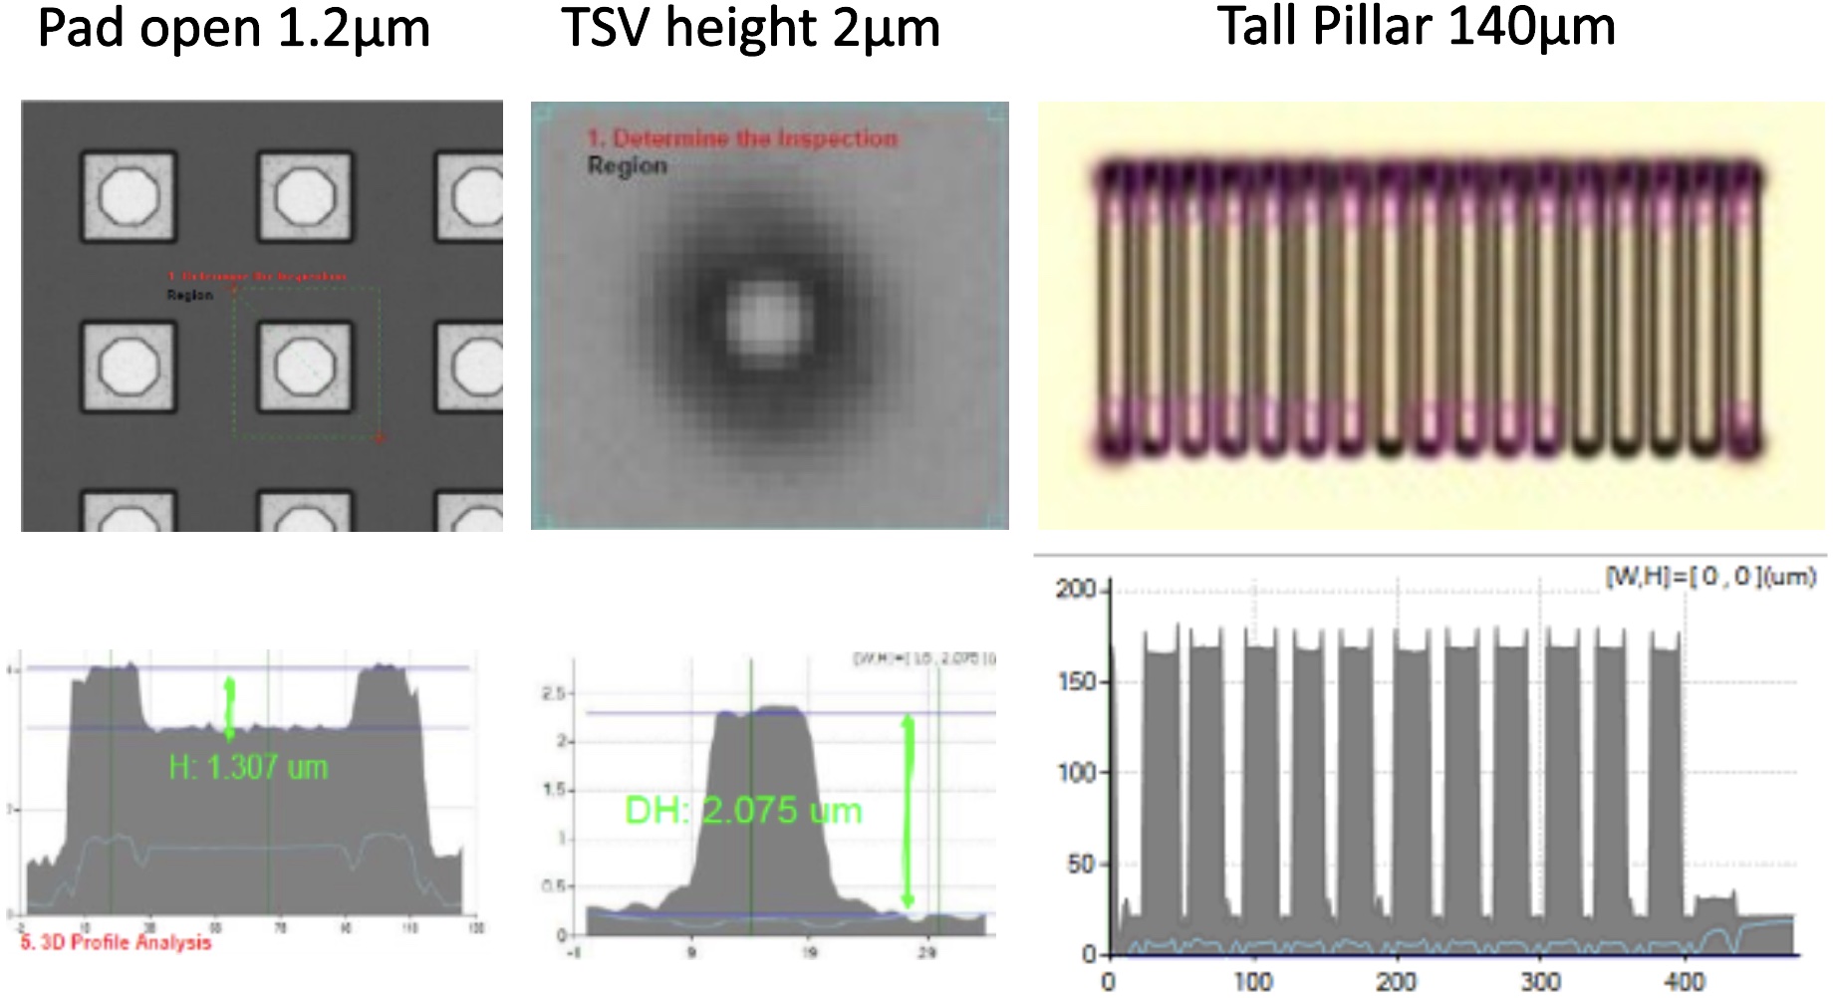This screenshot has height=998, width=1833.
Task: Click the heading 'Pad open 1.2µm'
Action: (233, 29)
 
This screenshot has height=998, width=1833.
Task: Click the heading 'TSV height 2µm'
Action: (750, 29)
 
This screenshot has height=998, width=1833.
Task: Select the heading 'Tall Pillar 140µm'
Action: (1416, 27)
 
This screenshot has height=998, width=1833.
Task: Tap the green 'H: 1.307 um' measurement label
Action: (248, 767)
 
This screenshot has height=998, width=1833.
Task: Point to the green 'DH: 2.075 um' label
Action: (743, 811)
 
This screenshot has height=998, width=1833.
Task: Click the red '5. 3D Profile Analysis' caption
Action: (117, 942)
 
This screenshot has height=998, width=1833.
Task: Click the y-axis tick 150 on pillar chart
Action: (1076, 682)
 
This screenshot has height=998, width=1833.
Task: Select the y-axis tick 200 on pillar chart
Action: (1076, 590)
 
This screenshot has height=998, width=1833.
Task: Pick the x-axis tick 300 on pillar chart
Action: (1540, 982)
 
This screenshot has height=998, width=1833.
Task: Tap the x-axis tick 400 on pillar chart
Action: (1685, 982)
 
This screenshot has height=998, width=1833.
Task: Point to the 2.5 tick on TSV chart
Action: (554, 693)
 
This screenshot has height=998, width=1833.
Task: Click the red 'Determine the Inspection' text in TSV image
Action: (742, 138)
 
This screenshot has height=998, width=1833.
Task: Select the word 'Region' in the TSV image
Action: (627, 165)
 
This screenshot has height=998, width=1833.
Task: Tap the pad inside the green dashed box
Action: (305, 366)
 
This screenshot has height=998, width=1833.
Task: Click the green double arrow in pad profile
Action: (230, 708)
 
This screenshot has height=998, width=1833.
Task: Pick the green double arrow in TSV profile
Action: (907, 812)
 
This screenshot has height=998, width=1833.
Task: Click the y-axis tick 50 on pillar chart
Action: (1081, 865)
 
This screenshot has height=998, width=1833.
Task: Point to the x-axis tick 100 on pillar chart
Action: (1252, 982)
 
